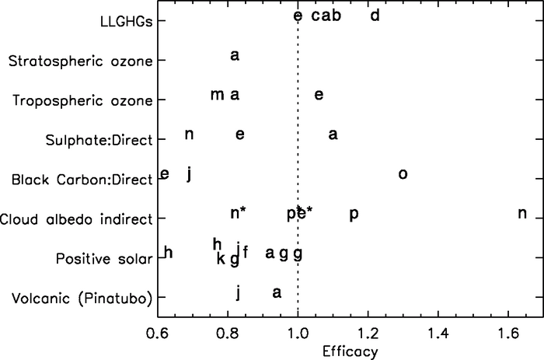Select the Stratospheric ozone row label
click(78, 61)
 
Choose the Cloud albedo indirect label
click(76, 219)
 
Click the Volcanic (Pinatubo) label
click(89, 299)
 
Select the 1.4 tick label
click(438, 332)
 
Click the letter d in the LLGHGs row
click(375, 16)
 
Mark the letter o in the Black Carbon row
click(403, 174)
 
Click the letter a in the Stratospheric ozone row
click(235, 55)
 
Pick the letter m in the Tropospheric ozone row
click(217, 95)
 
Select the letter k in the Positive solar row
click(221, 258)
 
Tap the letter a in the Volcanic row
click(277, 292)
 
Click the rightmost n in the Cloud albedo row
click(522, 214)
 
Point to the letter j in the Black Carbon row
click(189, 174)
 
